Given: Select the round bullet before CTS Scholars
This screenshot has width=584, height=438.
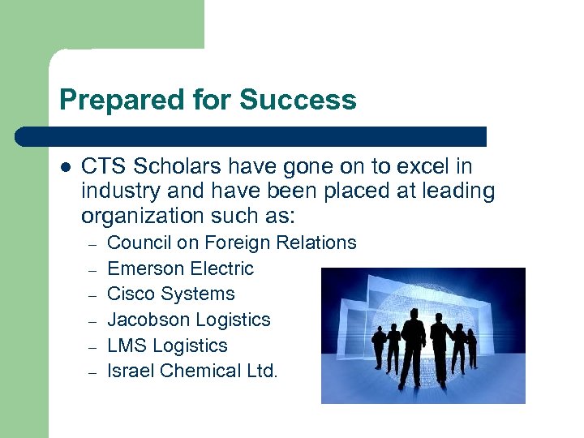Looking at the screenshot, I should pos(66,167).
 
